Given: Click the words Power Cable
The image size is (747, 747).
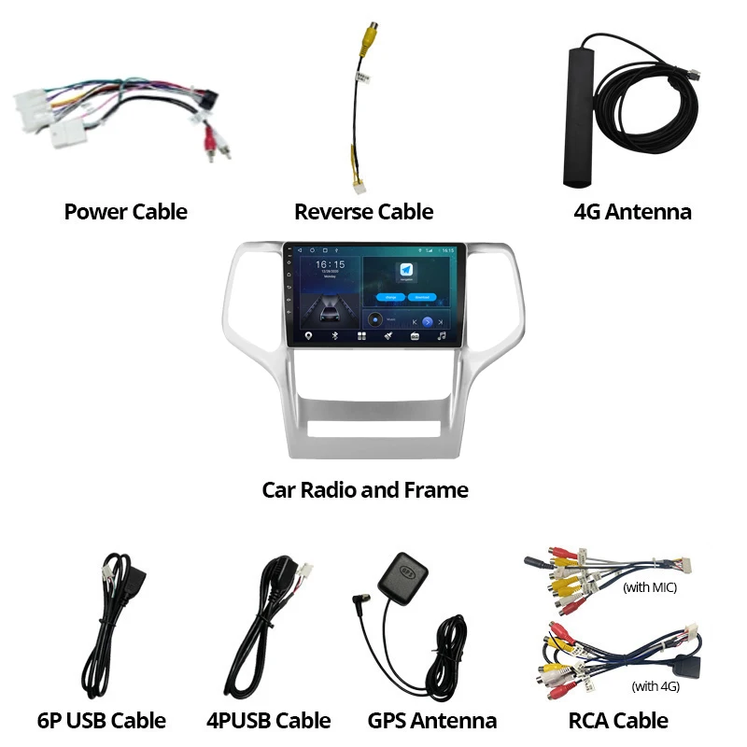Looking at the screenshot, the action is tap(125, 212).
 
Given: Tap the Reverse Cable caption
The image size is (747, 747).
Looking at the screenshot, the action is tap(363, 212).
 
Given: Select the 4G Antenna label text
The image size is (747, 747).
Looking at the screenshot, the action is tap(632, 212).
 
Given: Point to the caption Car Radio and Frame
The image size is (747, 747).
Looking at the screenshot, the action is tap(365, 489).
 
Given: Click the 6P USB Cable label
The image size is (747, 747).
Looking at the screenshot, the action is tap(102, 720).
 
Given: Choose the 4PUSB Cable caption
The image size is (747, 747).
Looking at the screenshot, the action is tap(268, 720).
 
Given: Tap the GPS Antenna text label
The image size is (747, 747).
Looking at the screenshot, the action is tap(431, 720).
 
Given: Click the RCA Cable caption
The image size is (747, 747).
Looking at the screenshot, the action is tap(618, 720).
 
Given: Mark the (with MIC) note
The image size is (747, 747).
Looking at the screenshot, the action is tap(649, 587).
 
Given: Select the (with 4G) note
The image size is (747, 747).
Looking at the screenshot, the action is tap(655, 686).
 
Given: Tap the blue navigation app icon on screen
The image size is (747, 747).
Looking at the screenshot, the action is tap(407, 270).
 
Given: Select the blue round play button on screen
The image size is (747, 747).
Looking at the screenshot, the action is tap(427, 321).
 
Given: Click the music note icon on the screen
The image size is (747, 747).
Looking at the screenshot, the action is tap(442, 335).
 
